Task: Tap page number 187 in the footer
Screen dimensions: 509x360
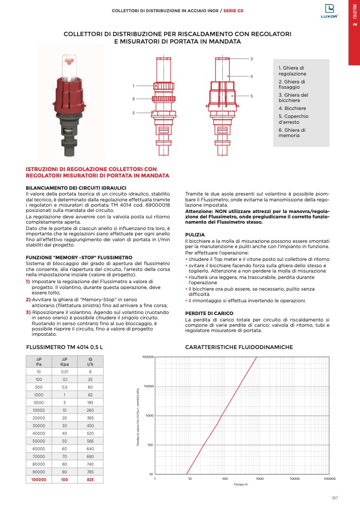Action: coord(334,497)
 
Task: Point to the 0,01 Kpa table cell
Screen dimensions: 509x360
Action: coord(64,372)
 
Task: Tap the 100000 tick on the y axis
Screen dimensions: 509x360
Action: coord(148,357)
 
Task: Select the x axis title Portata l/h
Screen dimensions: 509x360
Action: coord(242,485)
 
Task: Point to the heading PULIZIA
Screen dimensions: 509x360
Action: coord(195,234)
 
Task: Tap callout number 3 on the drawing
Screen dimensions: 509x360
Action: coord(252,58)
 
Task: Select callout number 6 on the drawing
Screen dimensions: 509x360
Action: coord(134,99)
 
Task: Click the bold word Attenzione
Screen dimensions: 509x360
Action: coord(199,211)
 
